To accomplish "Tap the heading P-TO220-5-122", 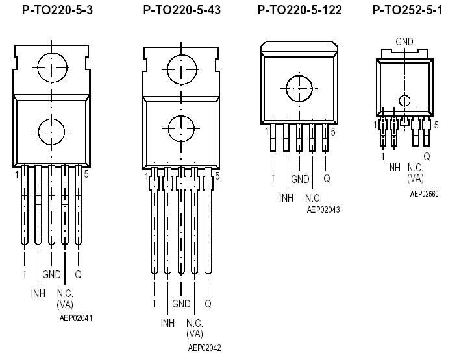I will point(299,10).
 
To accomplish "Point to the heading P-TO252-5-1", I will point(408,10).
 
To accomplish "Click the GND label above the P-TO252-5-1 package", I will point(404,42).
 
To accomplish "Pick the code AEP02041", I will point(75,318).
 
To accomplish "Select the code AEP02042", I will point(205,348).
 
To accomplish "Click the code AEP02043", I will point(323,210).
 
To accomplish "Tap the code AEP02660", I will point(425,193).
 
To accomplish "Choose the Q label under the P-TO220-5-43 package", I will point(208,304).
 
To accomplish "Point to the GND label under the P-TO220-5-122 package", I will point(300,179).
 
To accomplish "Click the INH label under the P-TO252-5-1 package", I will point(394,167).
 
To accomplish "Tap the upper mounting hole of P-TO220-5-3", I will point(52,67).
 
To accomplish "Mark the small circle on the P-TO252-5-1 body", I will point(404,100).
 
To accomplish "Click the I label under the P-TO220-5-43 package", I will point(154,304).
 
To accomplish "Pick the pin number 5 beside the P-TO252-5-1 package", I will point(436,125).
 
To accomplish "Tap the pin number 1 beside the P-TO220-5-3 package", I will point(16,175).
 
